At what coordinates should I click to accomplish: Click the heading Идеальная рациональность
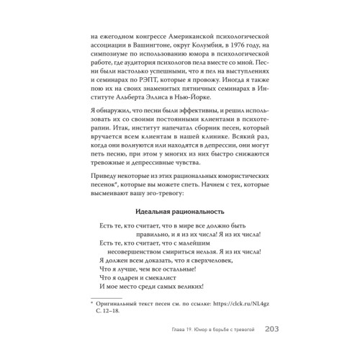(180, 212)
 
